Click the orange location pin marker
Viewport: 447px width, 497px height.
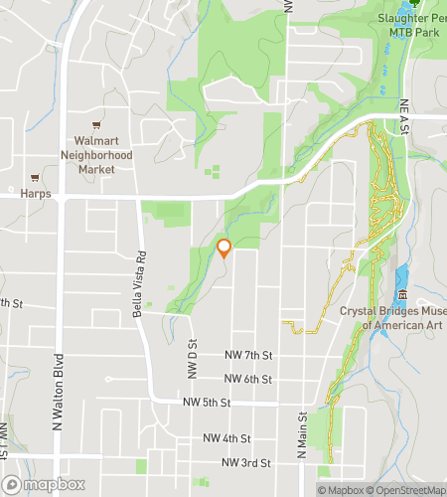click(x=223, y=248)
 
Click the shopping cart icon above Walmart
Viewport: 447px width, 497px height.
click(x=96, y=126)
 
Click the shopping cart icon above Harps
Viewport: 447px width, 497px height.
click(x=36, y=177)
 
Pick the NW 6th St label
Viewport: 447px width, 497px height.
click(x=247, y=379)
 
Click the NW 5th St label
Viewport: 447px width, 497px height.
click(x=207, y=403)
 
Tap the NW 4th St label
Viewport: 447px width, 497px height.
click(x=227, y=438)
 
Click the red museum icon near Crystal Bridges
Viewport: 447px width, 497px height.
click(x=401, y=295)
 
